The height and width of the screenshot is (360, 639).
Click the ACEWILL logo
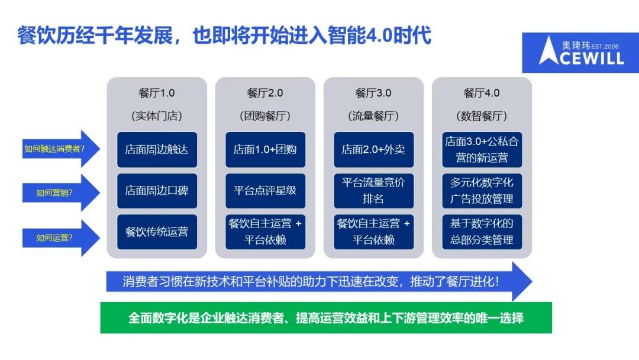pos(580,53)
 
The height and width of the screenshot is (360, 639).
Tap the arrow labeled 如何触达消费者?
pos(61,149)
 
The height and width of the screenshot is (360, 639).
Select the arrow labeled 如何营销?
pos(61,193)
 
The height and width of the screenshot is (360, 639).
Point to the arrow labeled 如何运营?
pos(61,238)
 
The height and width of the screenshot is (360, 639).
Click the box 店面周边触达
pos(157,150)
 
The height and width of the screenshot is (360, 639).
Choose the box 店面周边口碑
pos(157,191)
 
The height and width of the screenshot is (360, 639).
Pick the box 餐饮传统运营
pos(157,232)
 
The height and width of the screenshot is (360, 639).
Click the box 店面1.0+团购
pos(265,150)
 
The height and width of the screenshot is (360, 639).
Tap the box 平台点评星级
pos(265,191)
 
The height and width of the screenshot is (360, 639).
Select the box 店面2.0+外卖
pos(374,150)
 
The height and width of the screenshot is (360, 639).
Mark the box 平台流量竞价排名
pos(374,191)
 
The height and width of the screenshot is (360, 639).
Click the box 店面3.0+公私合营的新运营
pos(482,150)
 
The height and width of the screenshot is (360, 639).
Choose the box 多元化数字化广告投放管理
pos(482,191)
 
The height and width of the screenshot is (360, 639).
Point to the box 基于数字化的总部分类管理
pos(482,232)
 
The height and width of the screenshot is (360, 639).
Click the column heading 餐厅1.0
pos(156,93)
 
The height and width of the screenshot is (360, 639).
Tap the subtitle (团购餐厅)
pos(265,116)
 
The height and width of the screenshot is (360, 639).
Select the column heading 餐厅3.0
pos(373,93)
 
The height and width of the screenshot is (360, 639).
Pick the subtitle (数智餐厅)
pos(482,116)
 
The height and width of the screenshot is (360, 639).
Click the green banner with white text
pos(326,317)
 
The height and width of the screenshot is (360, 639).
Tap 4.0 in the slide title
pos(379,36)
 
